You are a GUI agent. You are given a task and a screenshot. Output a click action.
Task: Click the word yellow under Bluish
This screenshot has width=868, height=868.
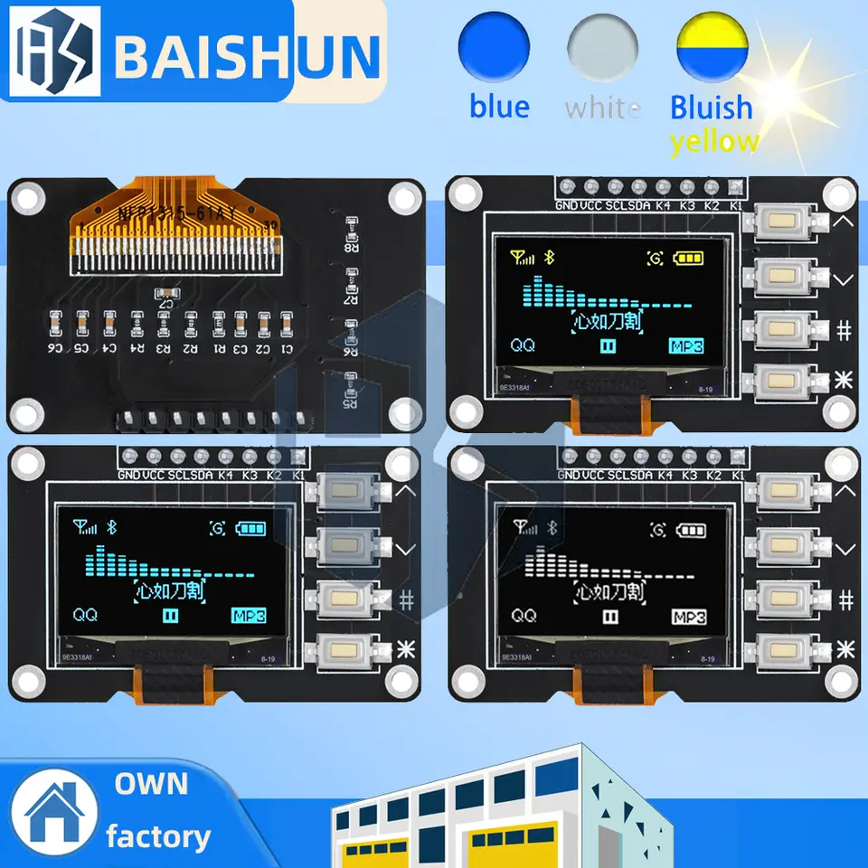[x=714, y=141]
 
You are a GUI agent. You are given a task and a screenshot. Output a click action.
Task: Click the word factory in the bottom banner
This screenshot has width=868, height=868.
[x=158, y=836]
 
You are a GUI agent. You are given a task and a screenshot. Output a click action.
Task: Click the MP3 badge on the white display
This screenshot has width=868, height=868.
[x=688, y=618]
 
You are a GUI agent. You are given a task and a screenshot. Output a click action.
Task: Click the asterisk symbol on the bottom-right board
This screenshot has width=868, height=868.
[x=844, y=647]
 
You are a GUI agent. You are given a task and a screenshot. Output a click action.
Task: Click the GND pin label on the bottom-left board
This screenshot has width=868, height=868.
[x=128, y=475]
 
